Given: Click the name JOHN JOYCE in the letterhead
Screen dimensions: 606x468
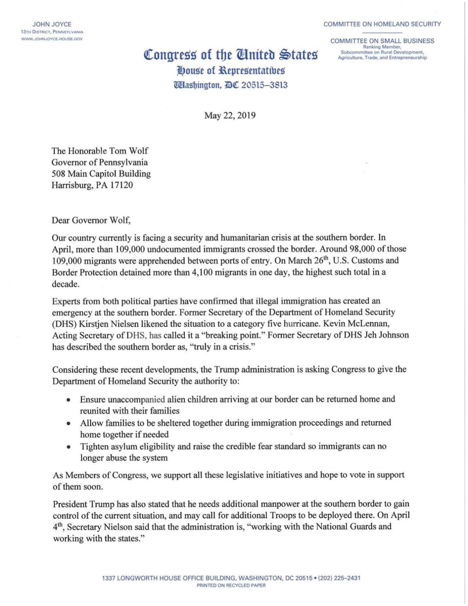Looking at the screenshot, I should click(52, 24).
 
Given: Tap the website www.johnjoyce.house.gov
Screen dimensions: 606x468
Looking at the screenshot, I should click(52, 38).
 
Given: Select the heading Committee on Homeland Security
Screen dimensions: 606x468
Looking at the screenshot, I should click(382, 24).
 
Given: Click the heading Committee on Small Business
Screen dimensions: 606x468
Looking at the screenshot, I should click(382, 41).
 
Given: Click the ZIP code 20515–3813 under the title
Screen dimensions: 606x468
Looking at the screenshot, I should click(264, 85).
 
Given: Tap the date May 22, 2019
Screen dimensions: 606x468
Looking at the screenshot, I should click(230, 115).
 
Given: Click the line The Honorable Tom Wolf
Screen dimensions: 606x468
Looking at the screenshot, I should click(100, 151).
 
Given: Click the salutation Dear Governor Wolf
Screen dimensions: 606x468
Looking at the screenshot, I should click(91, 220).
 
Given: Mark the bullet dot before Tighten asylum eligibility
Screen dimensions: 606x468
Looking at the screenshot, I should click(68, 447).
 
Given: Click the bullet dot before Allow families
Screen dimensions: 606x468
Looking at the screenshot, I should click(68, 423).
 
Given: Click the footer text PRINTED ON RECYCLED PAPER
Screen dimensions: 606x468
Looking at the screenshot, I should click(231, 586).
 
